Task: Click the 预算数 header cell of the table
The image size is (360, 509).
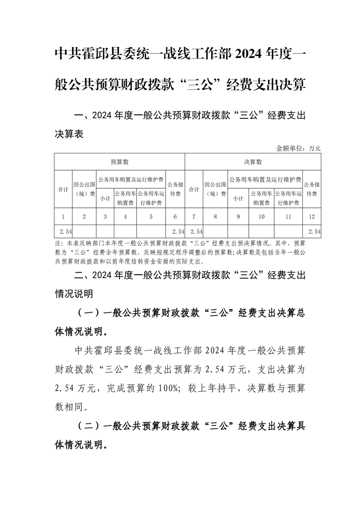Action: click(x=120, y=162)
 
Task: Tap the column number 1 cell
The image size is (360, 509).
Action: click(x=63, y=217)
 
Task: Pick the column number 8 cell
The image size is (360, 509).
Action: click(x=215, y=217)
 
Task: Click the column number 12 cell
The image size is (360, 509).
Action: click(x=311, y=217)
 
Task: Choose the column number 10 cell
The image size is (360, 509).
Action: click(x=261, y=217)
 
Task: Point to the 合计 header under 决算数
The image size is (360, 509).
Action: click(x=194, y=189)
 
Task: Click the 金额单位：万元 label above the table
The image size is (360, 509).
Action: click(x=298, y=148)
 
